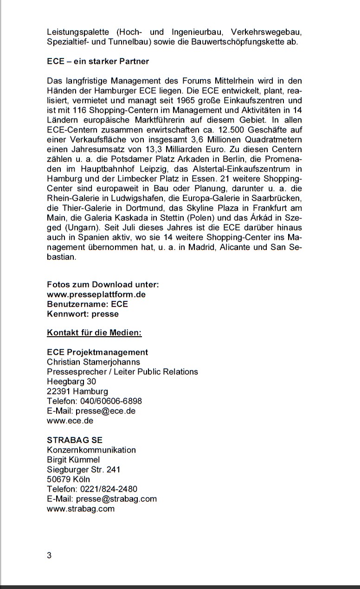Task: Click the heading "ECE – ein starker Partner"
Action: pos(98,61)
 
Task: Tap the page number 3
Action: pos(49,556)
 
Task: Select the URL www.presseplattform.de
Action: pos(96,294)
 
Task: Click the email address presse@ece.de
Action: pos(106,411)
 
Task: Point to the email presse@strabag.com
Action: pos(116,499)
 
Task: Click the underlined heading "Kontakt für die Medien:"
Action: pos(94,333)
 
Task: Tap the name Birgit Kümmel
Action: pos(73,460)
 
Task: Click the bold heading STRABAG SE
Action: pos(75,440)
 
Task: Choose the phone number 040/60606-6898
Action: pos(111,401)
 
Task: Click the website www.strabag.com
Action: pos(81,508)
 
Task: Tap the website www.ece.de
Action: pos(70,421)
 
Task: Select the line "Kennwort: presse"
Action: pos(83,314)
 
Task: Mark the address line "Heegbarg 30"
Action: pos(71,381)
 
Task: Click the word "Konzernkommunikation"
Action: pos(91,450)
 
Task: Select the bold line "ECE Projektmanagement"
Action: pos(97,352)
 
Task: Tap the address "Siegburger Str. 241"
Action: pos(84,469)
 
